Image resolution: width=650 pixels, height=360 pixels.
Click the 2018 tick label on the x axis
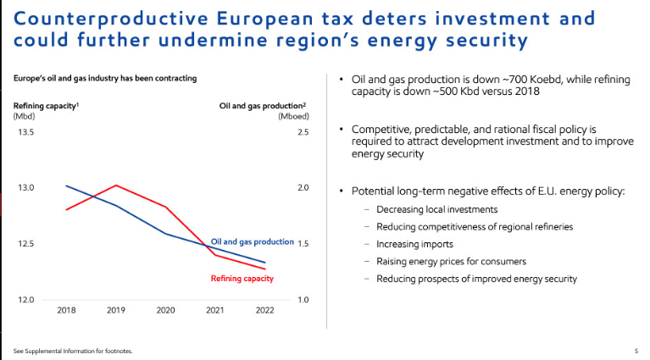coord(66,311)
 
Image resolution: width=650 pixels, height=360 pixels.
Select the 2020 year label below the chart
coord(165,311)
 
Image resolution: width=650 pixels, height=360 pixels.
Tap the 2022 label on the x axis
coord(264,311)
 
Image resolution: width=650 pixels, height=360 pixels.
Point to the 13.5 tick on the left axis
coord(25,132)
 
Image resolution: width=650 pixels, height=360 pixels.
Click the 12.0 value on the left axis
coord(25,300)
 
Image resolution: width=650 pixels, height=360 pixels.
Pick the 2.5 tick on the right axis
coord(303,132)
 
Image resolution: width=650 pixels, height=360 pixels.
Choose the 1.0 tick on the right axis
coord(303,300)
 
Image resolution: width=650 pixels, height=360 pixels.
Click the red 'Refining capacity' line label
coord(242,279)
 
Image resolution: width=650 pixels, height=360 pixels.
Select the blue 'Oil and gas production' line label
coord(252,242)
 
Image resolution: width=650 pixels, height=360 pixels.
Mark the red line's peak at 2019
coord(116,186)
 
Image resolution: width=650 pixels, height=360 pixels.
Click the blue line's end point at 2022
coord(264,263)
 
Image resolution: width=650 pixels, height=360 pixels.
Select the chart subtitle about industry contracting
coord(105,78)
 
